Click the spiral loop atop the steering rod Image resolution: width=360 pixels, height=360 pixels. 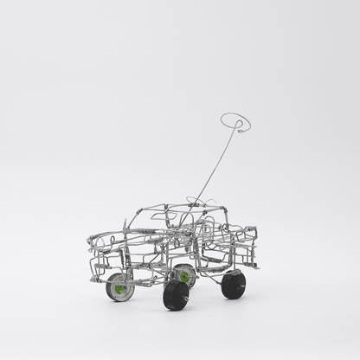coord(235,122)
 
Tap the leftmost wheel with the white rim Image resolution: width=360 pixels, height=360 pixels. coord(120,286)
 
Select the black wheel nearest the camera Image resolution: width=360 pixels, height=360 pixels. coord(176,295)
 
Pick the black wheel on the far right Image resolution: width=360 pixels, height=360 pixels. coord(233,285)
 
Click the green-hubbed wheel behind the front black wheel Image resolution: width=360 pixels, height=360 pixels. coord(184,276)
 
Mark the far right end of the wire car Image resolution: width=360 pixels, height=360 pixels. coord(258,235)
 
